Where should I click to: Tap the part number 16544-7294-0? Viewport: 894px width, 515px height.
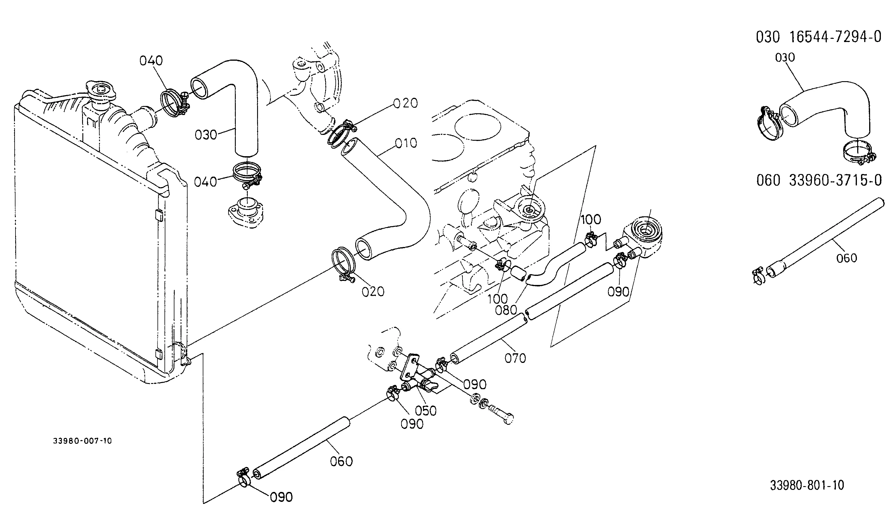pyautogui.click(x=836, y=37)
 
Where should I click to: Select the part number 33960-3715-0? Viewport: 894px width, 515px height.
pyautogui.click(x=836, y=180)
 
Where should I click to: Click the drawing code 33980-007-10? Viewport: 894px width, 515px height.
pyautogui.click(x=82, y=441)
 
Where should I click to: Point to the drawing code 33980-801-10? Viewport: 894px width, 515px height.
pyautogui.click(x=807, y=485)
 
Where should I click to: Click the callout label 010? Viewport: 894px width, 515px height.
pyautogui.click(x=406, y=143)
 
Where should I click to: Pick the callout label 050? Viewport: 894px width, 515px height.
pyautogui.click(x=425, y=411)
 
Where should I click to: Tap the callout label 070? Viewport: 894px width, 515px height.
pyautogui.click(x=515, y=358)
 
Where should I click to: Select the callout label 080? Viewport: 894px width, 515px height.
pyautogui.click(x=506, y=310)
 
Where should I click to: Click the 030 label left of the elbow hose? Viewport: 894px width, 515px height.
pyautogui.click(x=206, y=135)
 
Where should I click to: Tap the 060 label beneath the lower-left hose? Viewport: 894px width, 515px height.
pyautogui.click(x=342, y=461)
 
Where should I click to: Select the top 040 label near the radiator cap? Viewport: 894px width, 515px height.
pyautogui.click(x=151, y=61)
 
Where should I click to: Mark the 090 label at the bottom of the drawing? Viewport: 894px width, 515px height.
pyautogui.click(x=281, y=497)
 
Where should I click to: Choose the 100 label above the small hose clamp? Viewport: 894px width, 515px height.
pyautogui.click(x=591, y=220)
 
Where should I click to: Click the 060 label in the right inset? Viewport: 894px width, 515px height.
pyautogui.click(x=847, y=258)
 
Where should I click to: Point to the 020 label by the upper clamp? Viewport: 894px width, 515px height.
pyautogui.click(x=406, y=103)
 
